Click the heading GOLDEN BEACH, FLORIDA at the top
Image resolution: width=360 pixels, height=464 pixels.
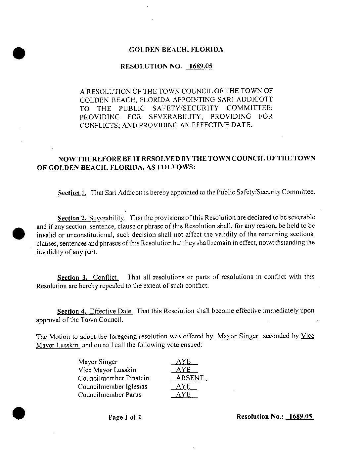click(x=176, y=50)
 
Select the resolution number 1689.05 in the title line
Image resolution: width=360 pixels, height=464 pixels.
click(x=200, y=66)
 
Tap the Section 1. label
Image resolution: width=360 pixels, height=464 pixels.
click(x=72, y=193)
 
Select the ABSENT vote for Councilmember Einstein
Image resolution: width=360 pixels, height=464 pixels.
click(x=190, y=378)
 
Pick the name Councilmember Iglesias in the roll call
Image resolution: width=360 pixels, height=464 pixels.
click(x=112, y=386)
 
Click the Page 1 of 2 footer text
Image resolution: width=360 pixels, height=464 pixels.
click(x=125, y=417)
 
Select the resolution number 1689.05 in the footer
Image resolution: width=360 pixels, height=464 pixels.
click(x=300, y=416)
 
